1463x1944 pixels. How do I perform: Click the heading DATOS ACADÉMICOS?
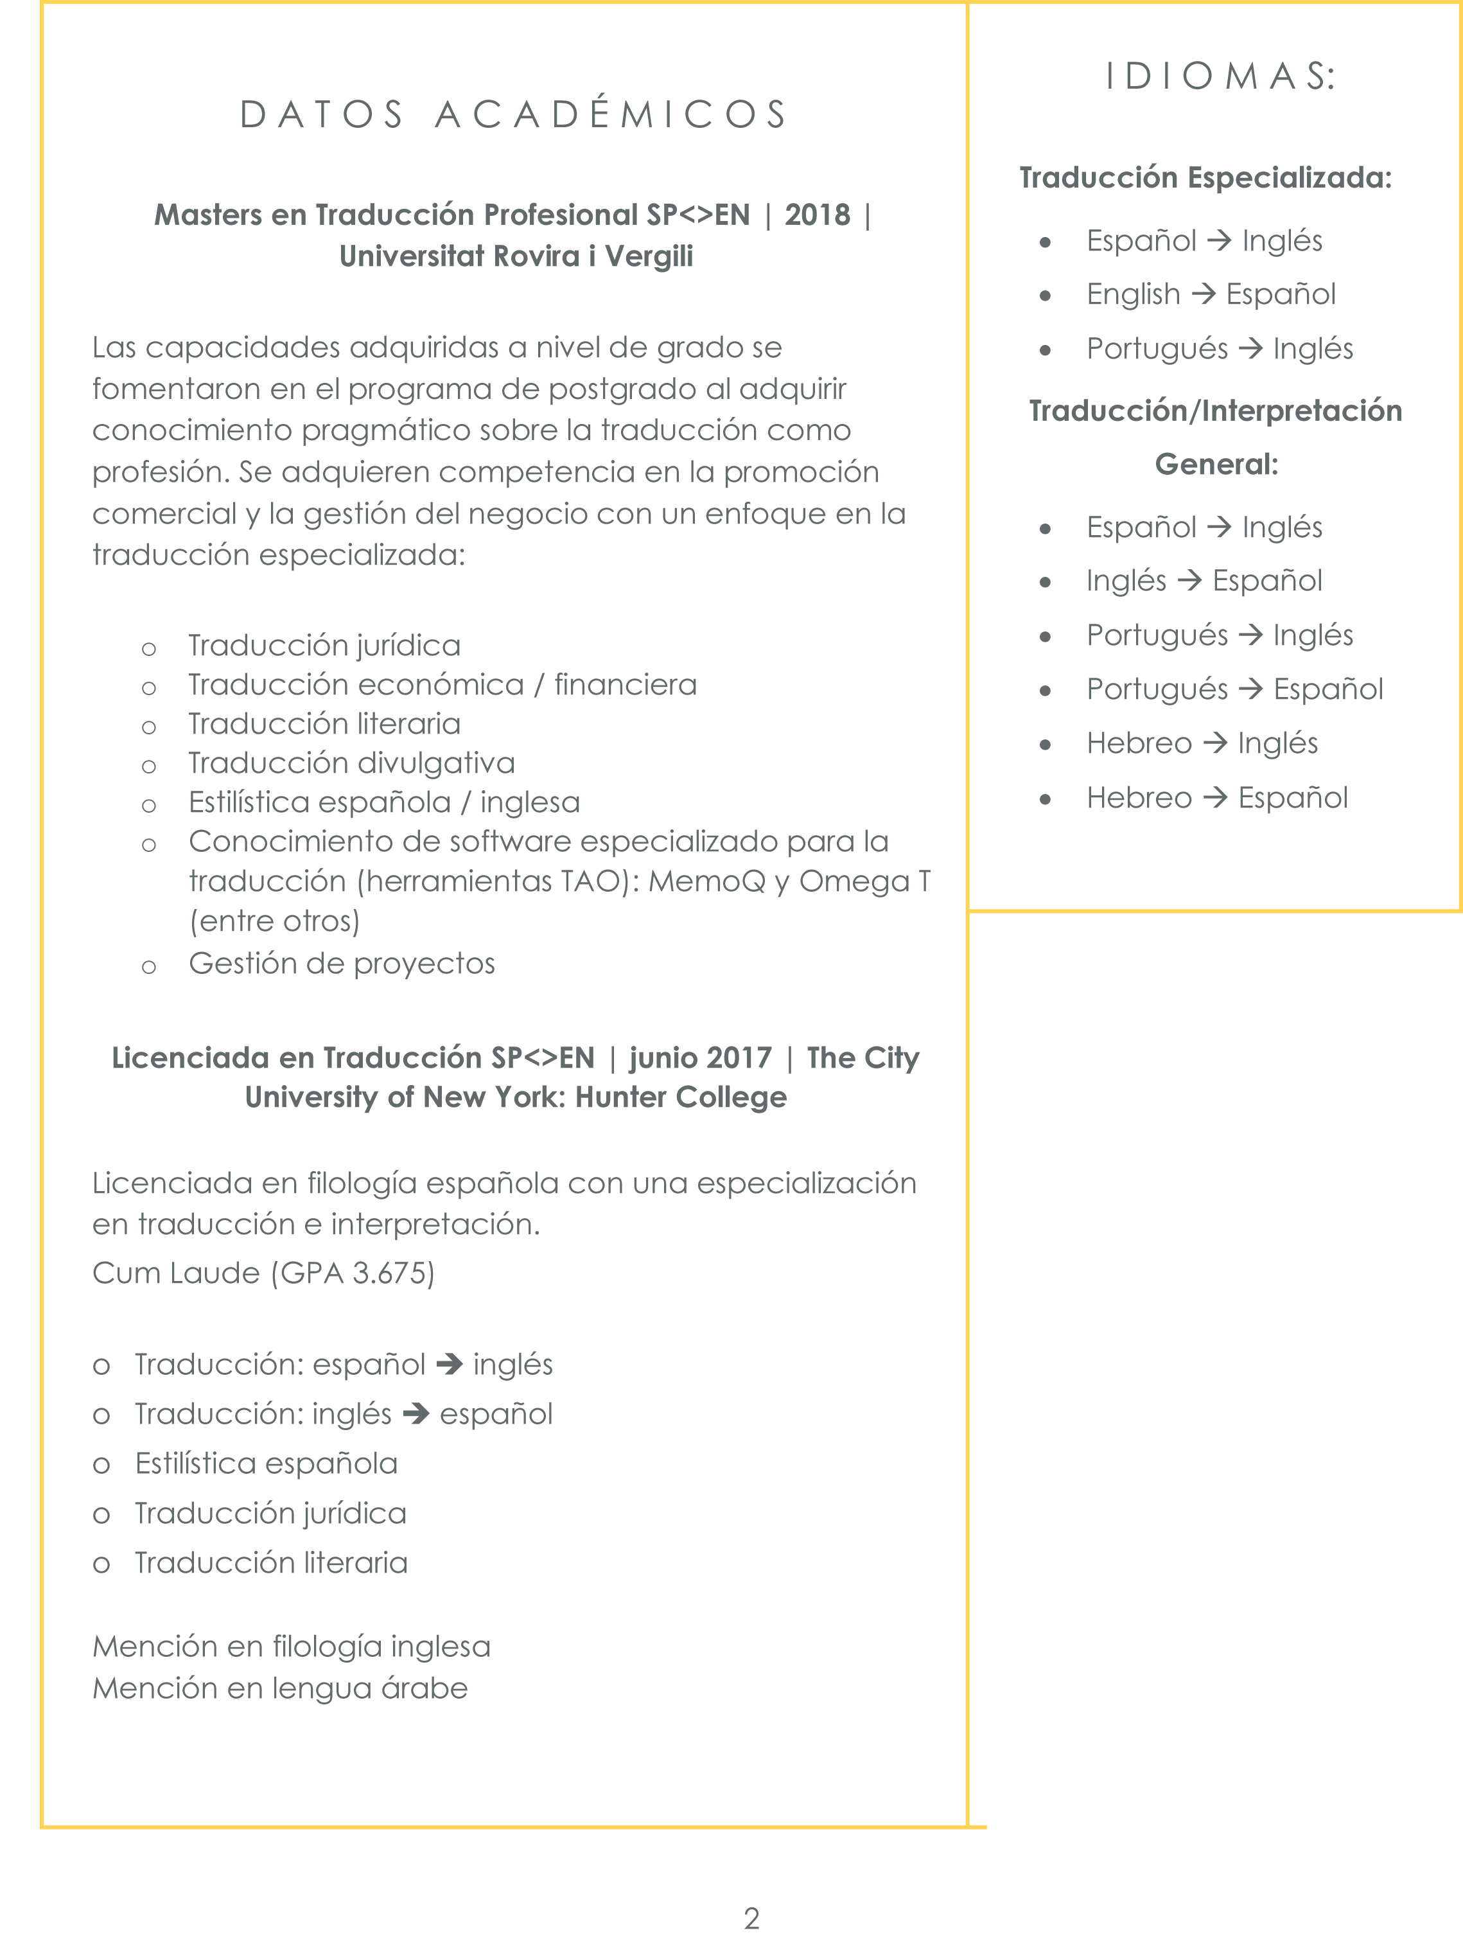514,115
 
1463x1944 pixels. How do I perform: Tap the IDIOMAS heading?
1220,76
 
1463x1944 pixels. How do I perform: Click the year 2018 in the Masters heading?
817,215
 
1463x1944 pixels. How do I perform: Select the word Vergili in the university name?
649,256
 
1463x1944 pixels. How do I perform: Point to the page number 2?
751,1918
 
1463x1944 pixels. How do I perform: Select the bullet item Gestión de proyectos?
342,964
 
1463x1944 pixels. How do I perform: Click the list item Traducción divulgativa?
351,763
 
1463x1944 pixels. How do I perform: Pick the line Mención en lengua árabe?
280,1688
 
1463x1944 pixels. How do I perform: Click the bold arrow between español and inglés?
449,1364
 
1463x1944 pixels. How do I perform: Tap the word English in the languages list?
1134,294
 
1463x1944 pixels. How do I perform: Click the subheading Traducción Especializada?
1205,179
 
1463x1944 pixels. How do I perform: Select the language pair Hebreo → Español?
1217,798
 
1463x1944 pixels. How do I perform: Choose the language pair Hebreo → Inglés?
1202,743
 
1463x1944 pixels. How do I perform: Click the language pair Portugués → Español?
1234,690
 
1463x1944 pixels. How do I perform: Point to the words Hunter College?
681,1098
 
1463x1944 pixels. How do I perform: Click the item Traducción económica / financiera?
442,685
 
